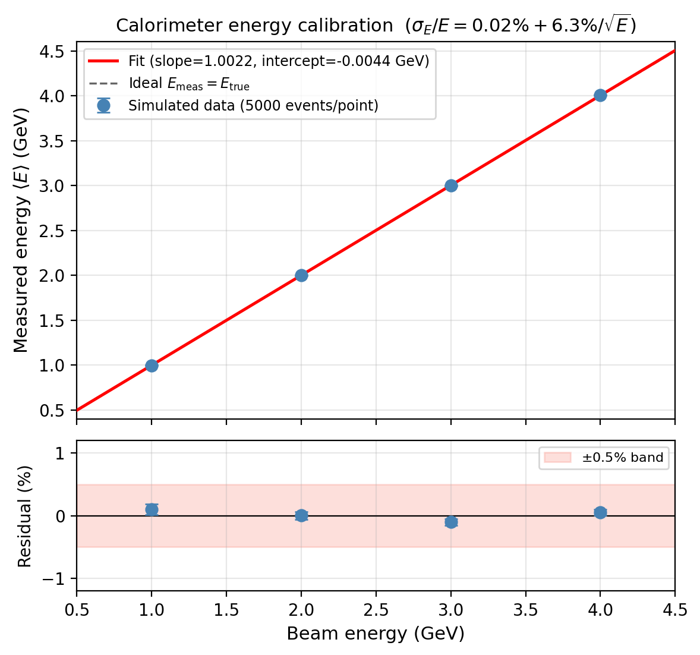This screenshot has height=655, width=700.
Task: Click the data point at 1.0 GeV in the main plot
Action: [152, 366]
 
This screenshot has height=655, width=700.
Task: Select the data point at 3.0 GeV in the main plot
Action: [451, 185]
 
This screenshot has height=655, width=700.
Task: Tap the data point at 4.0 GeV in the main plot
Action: [600, 95]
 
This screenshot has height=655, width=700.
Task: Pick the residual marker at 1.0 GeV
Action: [152, 509]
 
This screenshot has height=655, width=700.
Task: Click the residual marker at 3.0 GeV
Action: [451, 522]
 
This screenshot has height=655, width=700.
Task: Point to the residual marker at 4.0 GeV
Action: [600, 512]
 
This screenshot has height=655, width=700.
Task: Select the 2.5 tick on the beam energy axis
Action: [376, 609]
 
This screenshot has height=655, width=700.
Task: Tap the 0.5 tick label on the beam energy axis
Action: [77, 609]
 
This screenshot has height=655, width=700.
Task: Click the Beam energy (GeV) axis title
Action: [376, 634]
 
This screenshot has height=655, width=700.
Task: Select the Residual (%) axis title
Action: [24, 516]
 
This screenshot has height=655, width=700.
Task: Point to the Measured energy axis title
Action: [21, 230]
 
